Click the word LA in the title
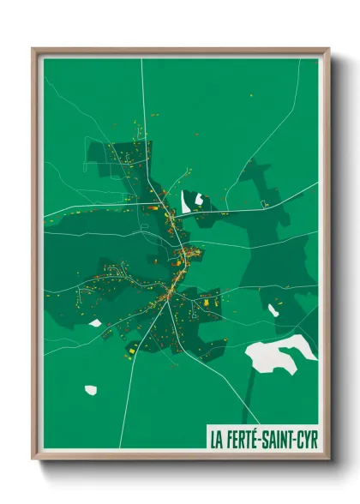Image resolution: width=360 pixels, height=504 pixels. click(x=217, y=438)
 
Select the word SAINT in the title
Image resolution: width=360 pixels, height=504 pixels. click(x=279, y=438)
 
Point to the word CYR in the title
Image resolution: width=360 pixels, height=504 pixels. click(x=306, y=438)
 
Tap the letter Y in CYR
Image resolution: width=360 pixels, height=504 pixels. click(x=306, y=438)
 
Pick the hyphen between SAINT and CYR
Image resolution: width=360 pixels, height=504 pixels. click(x=295, y=439)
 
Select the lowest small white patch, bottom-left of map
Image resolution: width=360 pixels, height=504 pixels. click(x=91, y=390)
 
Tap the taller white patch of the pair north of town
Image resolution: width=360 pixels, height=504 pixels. click(x=186, y=203)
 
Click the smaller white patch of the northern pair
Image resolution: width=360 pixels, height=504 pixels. click(x=199, y=200)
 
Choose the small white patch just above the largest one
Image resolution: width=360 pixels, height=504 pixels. click(x=273, y=309)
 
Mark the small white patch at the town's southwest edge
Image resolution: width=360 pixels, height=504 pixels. click(x=95, y=323)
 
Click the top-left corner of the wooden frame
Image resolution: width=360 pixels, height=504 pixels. click(x=33, y=50)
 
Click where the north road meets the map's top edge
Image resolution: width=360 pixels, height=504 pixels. click(x=142, y=59)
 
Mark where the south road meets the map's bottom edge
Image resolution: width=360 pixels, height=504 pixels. click(x=121, y=447)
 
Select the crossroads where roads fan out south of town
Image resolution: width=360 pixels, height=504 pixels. click(x=168, y=299)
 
